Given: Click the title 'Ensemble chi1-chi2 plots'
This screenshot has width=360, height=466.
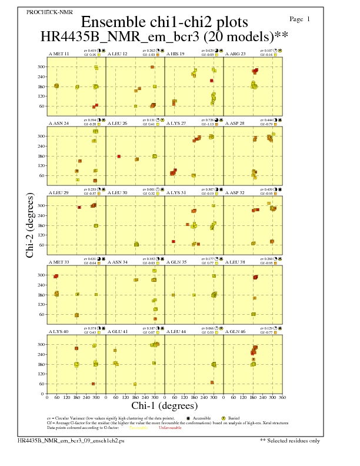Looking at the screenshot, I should coord(164,22).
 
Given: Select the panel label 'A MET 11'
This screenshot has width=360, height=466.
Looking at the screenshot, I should coord(59,54).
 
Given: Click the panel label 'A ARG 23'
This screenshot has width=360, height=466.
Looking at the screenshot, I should coord(235,54).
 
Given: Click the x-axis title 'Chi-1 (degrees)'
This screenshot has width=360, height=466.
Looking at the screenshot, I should coord(165,406).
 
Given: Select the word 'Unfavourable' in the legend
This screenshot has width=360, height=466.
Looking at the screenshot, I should coord(170,428).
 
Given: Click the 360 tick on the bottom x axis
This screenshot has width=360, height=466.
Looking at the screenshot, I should coord(283,398).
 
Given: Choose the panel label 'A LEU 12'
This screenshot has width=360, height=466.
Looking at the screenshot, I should coord(118,54).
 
